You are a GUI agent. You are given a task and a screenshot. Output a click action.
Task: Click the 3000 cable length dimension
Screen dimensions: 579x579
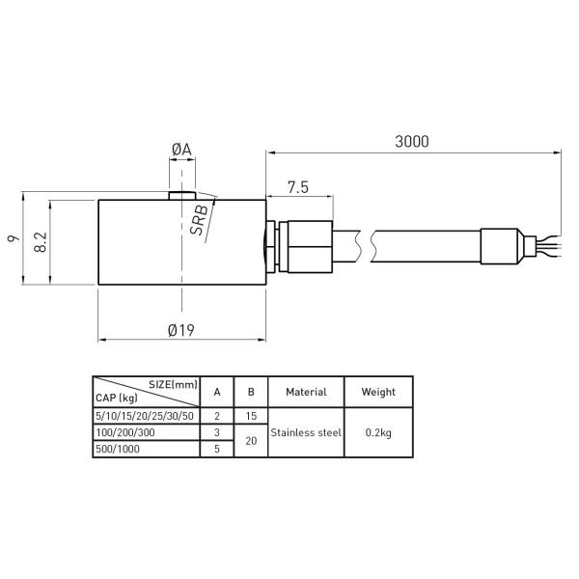[412, 142]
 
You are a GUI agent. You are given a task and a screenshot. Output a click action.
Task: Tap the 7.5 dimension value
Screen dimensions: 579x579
[298, 187]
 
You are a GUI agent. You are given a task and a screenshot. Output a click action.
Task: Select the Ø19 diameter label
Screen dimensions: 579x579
[181, 330]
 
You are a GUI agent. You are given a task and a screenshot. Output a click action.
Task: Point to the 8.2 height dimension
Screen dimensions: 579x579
[41, 242]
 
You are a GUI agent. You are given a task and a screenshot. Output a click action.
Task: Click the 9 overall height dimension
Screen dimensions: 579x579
[14, 238]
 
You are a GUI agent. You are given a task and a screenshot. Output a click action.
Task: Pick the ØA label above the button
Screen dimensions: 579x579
[182, 150]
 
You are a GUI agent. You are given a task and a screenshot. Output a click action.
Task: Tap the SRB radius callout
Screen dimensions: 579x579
[199, 220]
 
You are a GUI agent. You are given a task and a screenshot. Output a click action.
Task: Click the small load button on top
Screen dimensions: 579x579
[182, 196]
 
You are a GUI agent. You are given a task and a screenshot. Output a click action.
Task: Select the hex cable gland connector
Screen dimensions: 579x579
[306, 247]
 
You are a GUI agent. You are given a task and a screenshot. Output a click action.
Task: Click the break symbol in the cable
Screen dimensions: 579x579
[366, 246]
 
